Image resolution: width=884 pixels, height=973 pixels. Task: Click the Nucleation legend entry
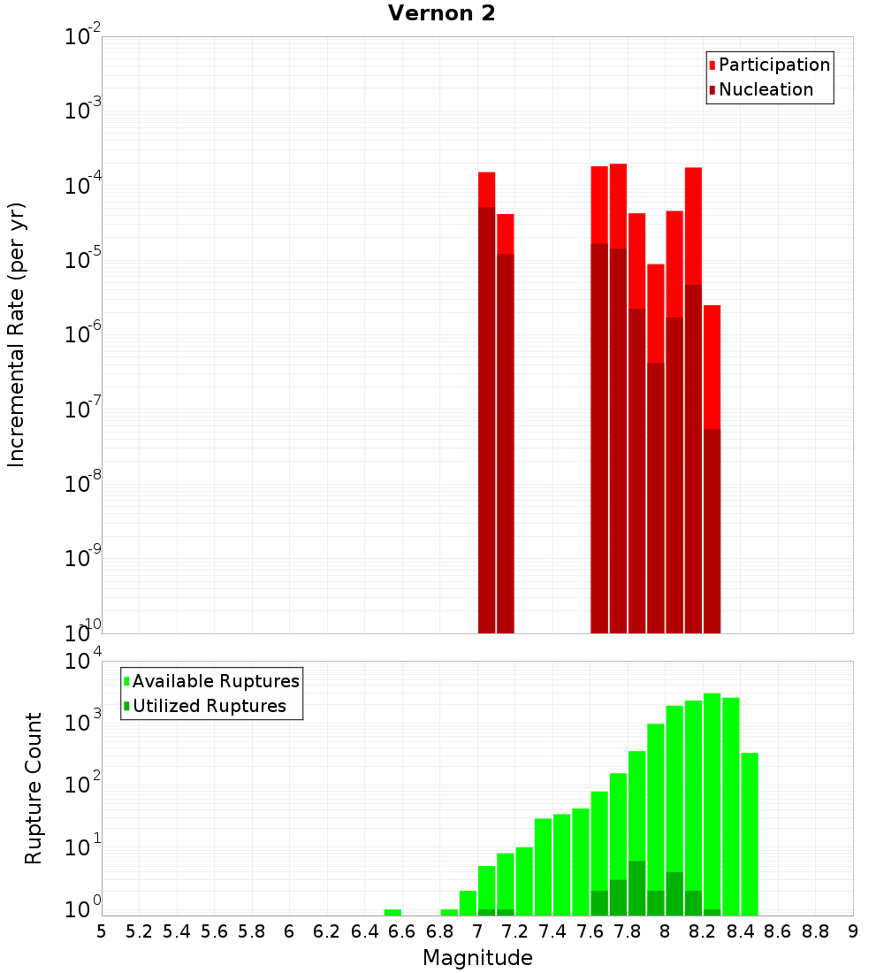(766, 89)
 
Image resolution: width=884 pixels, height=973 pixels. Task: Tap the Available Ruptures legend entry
(216, 681)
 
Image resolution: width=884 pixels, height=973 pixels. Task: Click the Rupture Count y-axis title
(34, 788)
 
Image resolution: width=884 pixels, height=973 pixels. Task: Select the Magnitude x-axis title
(477, 958)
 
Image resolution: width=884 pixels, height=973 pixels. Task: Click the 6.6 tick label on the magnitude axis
(401, 931)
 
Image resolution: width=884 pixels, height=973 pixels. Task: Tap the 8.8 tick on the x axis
(815, 931)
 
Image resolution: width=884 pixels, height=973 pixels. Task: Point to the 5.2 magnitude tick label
(139, 931)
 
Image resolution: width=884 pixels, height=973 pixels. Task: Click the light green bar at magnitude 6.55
(392, 912)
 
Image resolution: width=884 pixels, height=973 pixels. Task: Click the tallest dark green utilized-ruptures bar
(636, 888)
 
